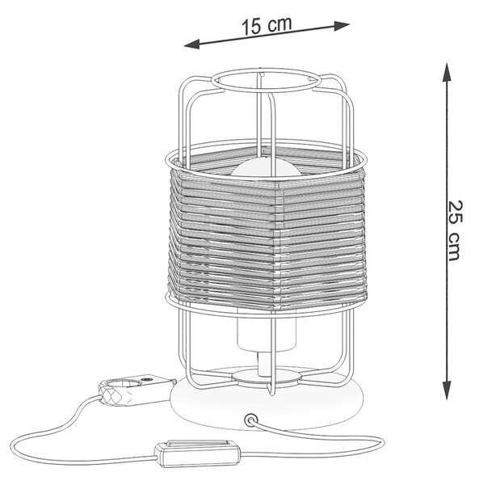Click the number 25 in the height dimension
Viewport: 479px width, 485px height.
[x=456, y=212]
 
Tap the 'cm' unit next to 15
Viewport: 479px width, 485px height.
[x=279, y=23]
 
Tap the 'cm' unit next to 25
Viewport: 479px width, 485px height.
[x=454, y=245]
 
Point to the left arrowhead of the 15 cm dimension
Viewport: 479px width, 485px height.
[x=192, y=44]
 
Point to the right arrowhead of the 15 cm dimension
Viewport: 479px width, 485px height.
[x=342, y=25]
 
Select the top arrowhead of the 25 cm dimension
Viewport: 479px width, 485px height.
[x=446, y=72]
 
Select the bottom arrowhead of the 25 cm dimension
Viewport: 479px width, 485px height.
[x=447, y=390]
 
